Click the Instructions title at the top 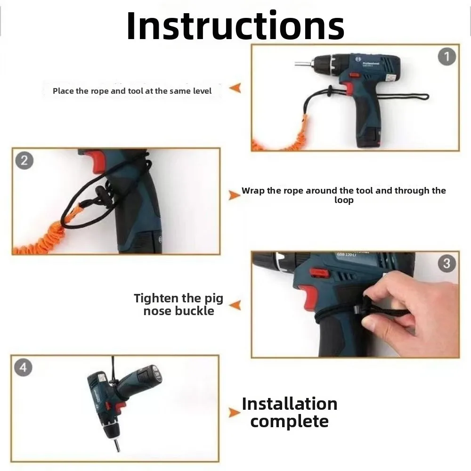(x=235, y=26)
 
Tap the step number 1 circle (x=447, y=57)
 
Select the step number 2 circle (x=24, y=161)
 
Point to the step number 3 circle (x=447, y=263)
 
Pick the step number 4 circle (x=23, y=367)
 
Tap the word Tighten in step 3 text (x=156, y=299)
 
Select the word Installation (x=290, y=404)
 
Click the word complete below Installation (x=289, y=422)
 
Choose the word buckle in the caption (x=195, y=310)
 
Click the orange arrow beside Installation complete (x=234, y=413)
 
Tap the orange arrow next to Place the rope (x=235, y=88)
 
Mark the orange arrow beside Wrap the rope (x=234, y=195)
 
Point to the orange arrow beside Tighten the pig (x=235, y=305)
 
